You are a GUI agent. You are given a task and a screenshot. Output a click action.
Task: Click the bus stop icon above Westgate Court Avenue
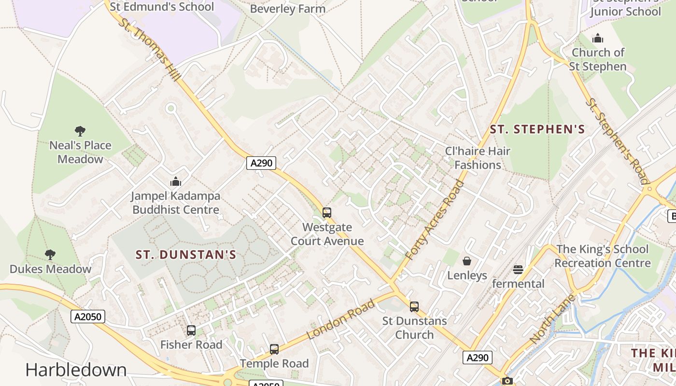[327, 212]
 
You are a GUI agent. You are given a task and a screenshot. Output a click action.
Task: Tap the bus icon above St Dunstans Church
[414, 306]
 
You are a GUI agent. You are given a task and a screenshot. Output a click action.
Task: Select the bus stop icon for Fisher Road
[191, 331]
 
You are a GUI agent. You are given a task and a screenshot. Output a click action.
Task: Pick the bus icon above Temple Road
[274, 349]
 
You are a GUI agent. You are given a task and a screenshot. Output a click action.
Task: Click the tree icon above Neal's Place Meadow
[80, 131]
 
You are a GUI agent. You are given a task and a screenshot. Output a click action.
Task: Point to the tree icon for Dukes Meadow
[50, 254]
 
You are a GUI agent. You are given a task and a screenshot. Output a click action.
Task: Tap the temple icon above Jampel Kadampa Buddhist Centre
[176, 181]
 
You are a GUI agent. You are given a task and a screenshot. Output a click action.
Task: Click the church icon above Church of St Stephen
[598, 38]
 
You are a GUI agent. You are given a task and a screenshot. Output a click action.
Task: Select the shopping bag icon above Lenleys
[467, 261]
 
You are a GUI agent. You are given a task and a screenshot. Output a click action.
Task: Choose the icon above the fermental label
[518, 269]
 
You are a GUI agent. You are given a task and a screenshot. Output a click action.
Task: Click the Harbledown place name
[76, 370]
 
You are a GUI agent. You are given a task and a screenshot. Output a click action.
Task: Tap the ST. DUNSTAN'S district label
[186, 255]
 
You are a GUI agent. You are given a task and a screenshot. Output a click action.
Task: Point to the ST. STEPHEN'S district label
[537, 129]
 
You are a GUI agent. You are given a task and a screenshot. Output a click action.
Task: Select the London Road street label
[341, 319]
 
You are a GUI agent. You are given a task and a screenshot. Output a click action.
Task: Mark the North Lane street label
[553, 319]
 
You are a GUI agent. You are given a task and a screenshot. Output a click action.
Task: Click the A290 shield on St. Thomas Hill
[261, 163]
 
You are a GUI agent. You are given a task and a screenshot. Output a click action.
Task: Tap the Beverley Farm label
[288, 9]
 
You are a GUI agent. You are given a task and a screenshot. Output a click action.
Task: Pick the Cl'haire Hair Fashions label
[478, 158]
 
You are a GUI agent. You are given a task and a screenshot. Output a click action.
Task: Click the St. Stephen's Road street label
[617, 141]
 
